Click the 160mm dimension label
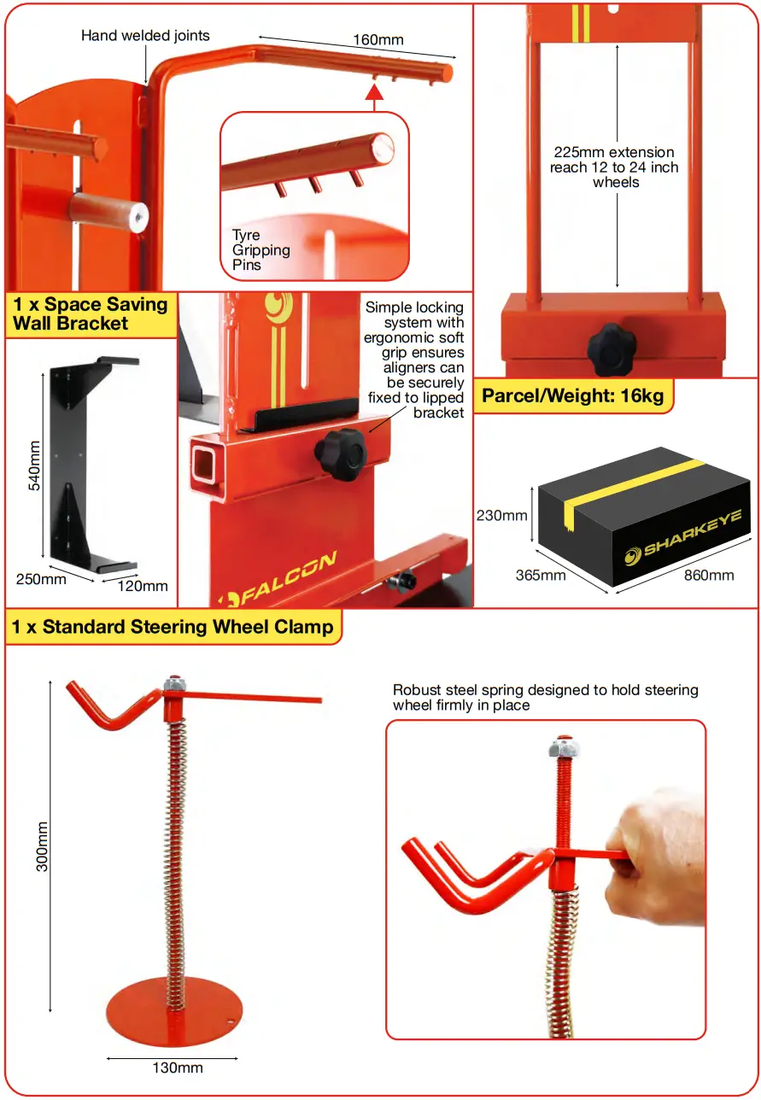(378, 39)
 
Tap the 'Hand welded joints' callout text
(145, 36)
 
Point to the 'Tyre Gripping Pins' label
(260, 250)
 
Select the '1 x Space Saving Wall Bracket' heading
(90, 313)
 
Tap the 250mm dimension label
(41, 579)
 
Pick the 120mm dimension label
(143, 586)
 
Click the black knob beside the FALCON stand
(340, 448)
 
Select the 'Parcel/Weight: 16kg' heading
(572, 395)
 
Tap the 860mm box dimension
(709, 575)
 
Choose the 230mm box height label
(501, 515)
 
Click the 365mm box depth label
(540, 575)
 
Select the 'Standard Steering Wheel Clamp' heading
(172, 627)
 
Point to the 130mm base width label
(178, 1068)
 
